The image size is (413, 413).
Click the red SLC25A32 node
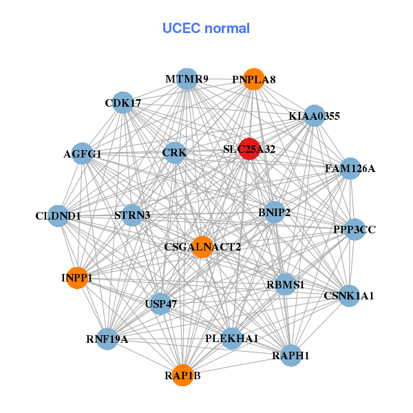249,149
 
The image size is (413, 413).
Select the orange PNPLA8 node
254,80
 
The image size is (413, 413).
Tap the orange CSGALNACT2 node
202,246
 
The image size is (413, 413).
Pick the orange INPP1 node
77,278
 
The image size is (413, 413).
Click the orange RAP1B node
182,375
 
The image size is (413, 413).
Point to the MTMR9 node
187,79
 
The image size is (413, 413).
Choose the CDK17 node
123,103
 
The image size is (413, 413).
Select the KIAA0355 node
315,116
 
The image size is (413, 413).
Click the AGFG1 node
83,154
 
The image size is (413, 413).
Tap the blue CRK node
174,152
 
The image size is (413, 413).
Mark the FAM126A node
350,169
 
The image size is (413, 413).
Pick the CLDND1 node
59,216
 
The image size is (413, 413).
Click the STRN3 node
133,215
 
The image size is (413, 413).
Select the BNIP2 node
274,212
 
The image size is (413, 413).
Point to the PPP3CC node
354,229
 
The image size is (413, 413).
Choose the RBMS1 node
286,284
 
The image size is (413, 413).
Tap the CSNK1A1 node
349,296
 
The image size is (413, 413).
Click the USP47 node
160,303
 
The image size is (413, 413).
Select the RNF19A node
107,338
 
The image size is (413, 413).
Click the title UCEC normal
206,28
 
